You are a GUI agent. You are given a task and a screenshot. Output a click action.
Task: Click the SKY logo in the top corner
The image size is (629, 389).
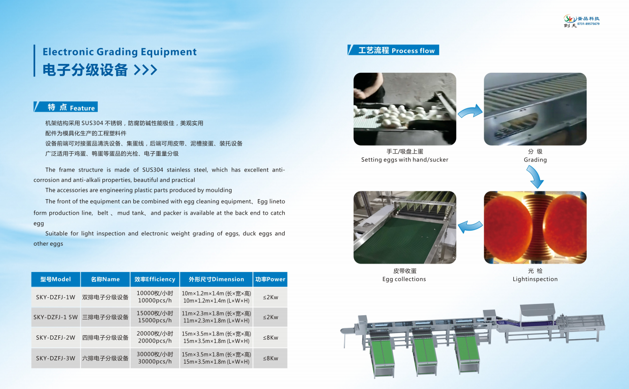point(582,21)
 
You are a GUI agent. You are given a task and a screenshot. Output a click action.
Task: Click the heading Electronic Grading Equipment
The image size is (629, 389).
point(120,52)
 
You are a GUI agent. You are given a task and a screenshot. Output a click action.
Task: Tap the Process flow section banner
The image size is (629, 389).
point(393,50)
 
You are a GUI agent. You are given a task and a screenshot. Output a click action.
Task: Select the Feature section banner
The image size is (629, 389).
point(65,107)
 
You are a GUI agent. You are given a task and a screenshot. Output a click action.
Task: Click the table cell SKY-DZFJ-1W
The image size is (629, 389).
point(55,297)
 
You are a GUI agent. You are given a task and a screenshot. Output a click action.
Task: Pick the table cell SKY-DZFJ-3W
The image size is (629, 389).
point(55,358)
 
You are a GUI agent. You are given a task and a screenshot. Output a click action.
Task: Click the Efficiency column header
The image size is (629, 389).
point(155,279)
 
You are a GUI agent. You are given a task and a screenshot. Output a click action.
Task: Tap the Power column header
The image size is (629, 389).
point(270,279)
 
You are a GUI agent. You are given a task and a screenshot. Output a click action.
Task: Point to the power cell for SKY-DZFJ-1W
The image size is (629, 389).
point(270,297)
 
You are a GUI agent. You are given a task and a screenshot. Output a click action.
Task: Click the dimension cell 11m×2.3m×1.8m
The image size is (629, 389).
point(216,317)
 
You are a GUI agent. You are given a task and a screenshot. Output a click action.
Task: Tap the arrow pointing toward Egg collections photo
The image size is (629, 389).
point(470,226)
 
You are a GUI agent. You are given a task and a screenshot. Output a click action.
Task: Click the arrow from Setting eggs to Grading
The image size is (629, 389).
point(470,111)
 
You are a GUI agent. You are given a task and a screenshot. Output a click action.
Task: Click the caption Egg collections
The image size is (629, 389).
point(404,279)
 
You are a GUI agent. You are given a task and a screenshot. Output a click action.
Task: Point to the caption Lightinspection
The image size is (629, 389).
point(535,279)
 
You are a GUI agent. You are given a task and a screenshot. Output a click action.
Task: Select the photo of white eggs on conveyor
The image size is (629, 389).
point(404,109)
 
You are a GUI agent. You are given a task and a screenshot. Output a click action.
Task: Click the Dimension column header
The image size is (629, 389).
point(216,279)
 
